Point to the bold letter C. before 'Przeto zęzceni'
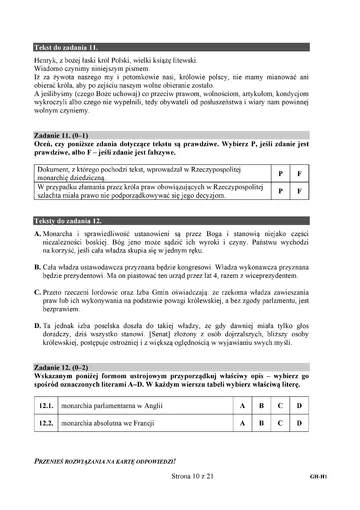[37, 295]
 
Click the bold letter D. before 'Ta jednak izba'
[37, 325]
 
